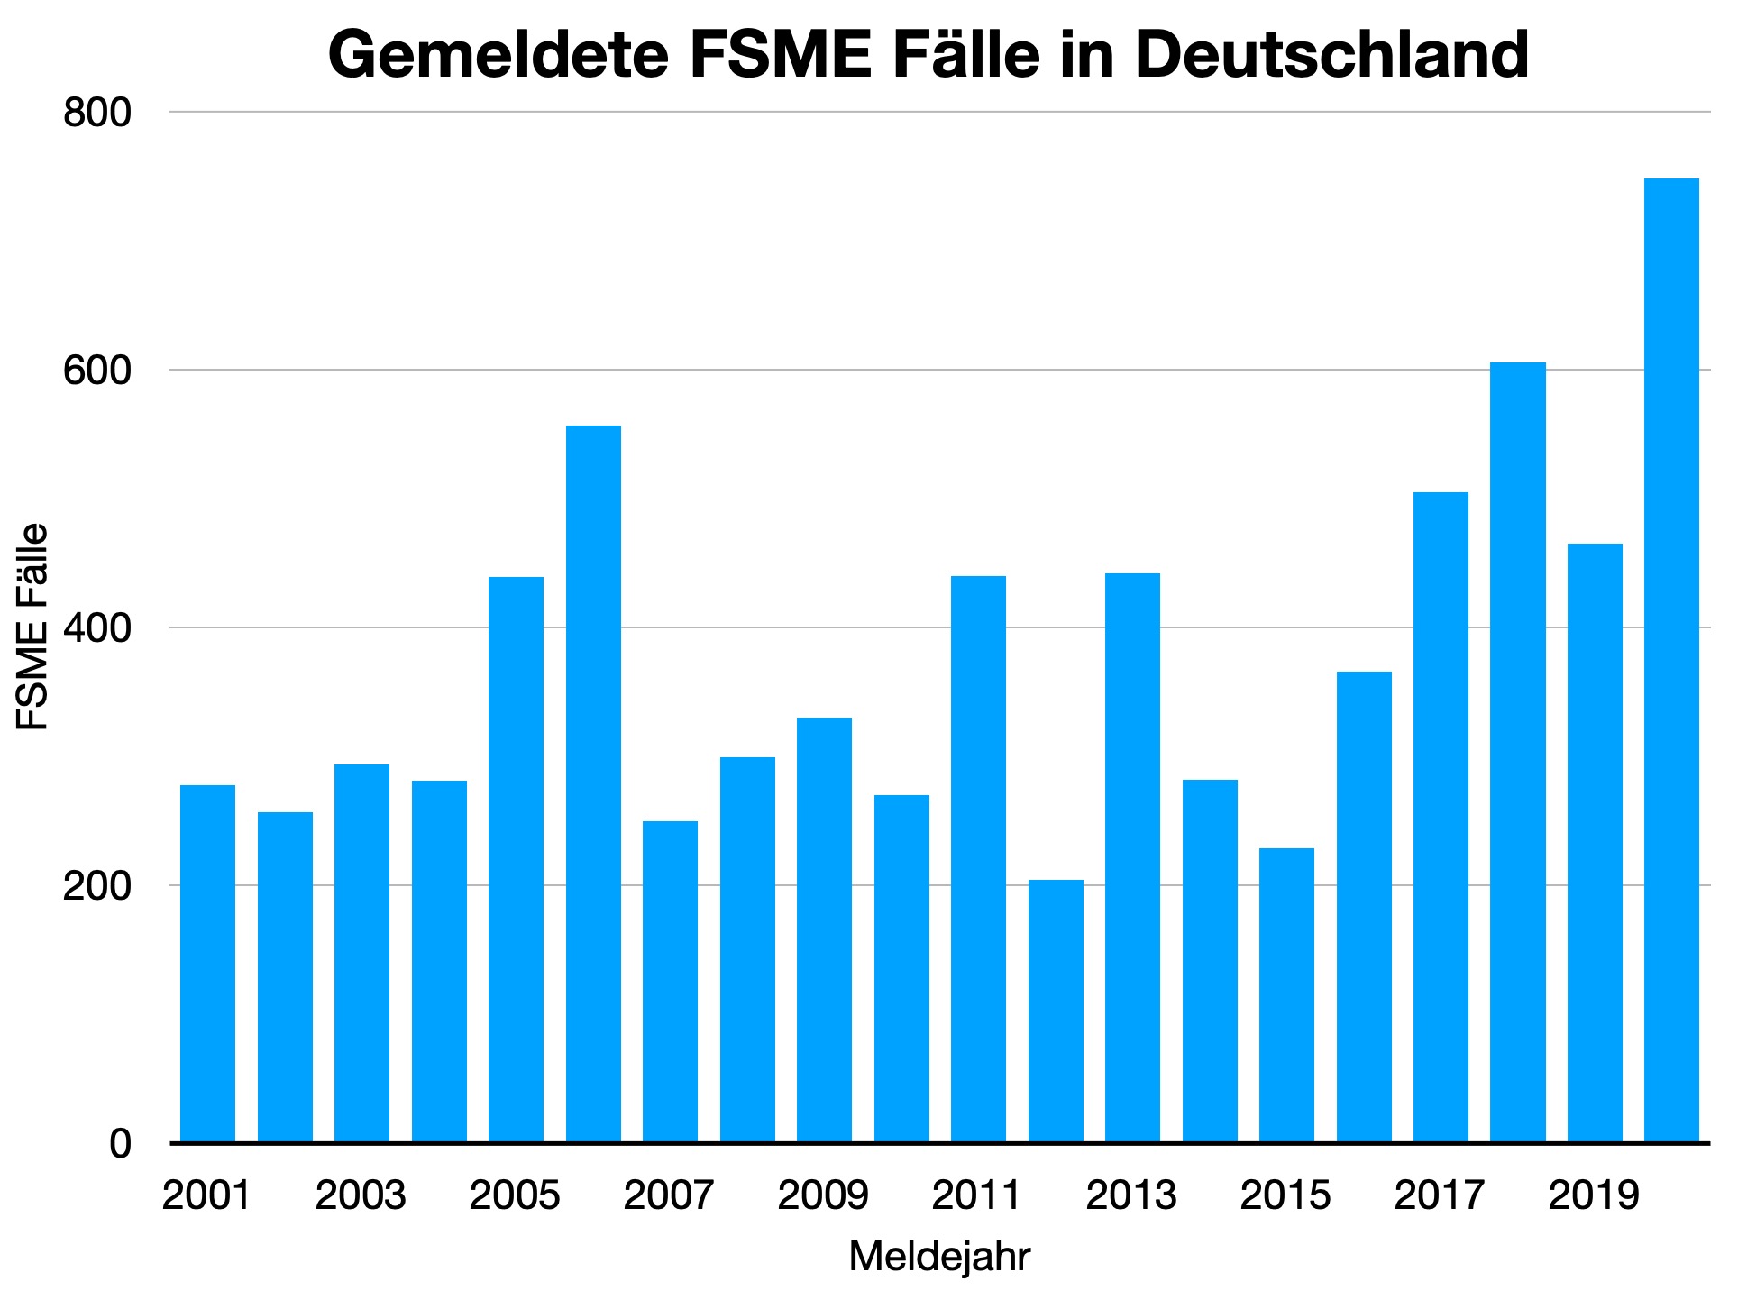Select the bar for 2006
coord(593,783)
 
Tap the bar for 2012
coord(1056,1011)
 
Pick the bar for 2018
coord(1517,753)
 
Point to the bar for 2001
coord(208,964)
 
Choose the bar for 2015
coord(1286,995)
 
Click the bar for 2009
coord(824,929)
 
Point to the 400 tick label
coord(97,628)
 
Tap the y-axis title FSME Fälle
coord(32,627)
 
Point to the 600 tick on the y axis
coord(97,371)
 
